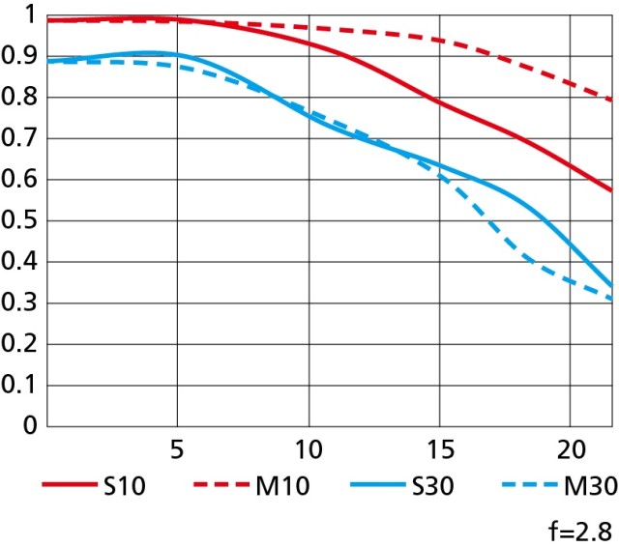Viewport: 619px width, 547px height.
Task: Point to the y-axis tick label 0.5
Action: [19, 221]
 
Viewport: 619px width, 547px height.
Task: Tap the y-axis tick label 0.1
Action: [19, 385]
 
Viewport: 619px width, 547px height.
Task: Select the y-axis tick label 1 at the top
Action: [30, 15]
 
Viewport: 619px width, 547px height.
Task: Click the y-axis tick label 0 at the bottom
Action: [30, 425]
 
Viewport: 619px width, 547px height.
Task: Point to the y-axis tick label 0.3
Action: [19, 302]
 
